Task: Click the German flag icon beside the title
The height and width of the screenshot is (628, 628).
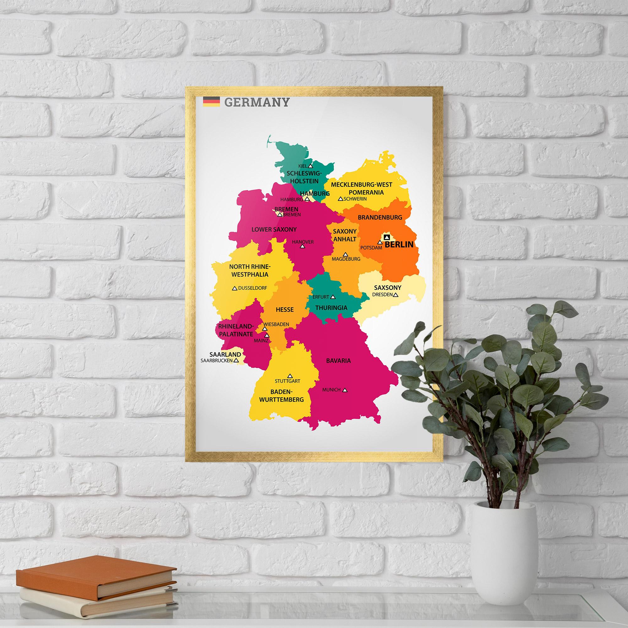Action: tap(211, 101)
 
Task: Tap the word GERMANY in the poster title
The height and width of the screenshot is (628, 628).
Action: tap(257, 102)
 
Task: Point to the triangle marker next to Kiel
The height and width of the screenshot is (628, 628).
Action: tap(311, 166)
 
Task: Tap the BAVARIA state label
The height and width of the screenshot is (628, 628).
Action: tap(338, 360)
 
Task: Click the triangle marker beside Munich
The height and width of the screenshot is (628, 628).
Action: tap(345, 390)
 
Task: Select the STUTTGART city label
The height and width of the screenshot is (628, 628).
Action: tap(287, 381)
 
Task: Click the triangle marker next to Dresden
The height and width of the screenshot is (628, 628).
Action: tap(396, 295)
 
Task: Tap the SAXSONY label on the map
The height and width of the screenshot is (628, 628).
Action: tap(387, 288)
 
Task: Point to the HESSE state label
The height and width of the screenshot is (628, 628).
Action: tap(285, 310)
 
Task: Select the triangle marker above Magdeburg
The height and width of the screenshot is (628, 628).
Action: tap(345, 255)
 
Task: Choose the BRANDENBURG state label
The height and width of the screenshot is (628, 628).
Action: tap(380, 217)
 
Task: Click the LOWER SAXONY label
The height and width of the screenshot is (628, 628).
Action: tap(274, 230)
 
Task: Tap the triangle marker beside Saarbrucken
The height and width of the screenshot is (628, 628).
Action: tap(236, 360)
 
